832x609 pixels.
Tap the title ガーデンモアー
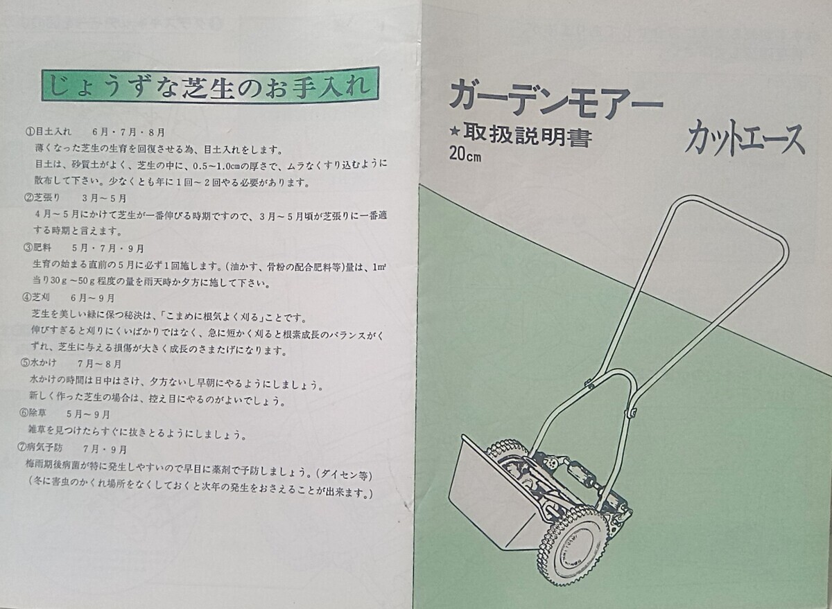[x=556, y=100]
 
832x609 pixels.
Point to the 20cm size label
[x=465, y=154]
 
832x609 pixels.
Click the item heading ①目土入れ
[x=48, y=132]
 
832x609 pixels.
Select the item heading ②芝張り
[x=42, y=197]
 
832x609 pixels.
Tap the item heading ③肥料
[x=37, y=247]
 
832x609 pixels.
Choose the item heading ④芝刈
[x=36, y=297]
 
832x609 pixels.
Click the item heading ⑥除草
[x=33, y=413]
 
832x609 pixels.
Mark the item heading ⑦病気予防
[x=40, y=448]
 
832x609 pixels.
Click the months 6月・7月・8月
[x=128, y=132]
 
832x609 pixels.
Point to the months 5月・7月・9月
[x=107, y=248]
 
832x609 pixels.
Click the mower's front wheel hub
[x=573, y=554]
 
